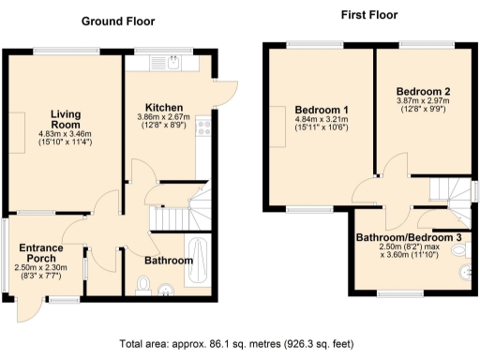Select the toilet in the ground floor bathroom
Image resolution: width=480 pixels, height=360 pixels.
(143, 282)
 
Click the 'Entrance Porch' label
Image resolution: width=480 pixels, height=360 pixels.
(41, 253)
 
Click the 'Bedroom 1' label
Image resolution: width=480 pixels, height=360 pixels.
(322, 108)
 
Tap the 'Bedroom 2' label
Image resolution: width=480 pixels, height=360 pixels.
(423, 91)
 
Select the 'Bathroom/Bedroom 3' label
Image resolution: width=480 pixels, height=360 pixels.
(409, 238)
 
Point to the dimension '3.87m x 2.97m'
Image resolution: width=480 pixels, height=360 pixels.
(423, 101)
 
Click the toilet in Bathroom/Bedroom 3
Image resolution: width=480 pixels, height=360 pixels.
(466, 273)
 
